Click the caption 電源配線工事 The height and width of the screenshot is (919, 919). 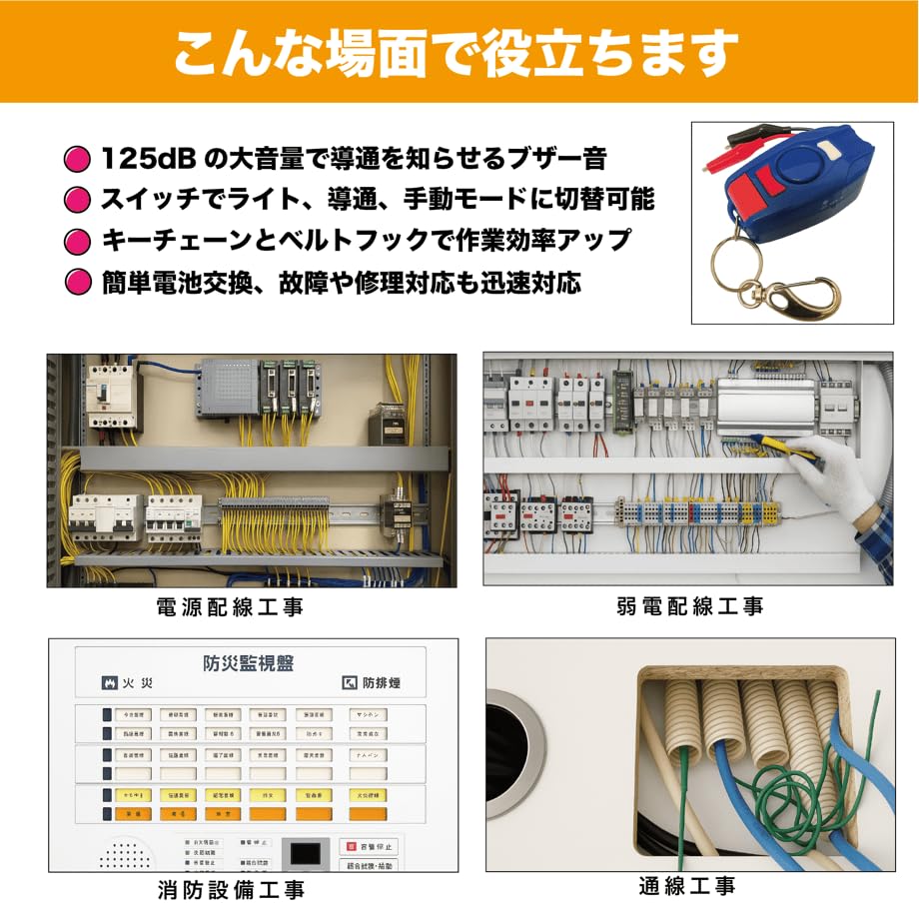(230, 607)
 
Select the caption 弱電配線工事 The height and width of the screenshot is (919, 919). (690, 607)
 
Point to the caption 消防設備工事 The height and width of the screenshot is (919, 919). (231, 889)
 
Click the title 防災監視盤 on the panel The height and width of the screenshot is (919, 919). (249, 663)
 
